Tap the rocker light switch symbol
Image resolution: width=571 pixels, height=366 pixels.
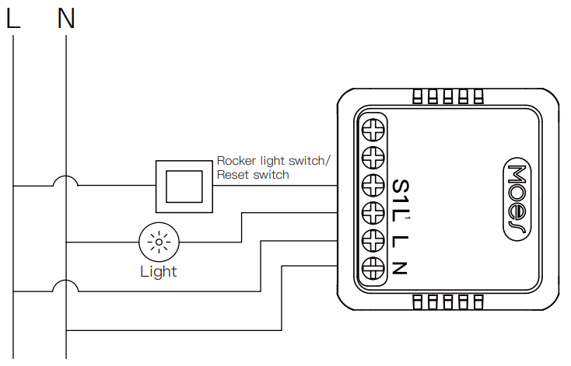[x=185, y=186]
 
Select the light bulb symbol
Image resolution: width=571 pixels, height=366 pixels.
[x=159, y=242]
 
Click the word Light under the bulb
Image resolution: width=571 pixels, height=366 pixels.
[x=159, y=271]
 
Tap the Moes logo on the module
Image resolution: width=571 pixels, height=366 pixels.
[x=518, y=199]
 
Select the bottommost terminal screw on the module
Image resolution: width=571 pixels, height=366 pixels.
[x=374, y=267]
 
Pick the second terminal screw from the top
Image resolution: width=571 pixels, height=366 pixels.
[x=374, y=156]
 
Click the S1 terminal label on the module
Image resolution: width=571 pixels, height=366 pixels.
[x=400, y=191]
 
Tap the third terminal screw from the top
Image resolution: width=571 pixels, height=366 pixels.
[x=374, y=184]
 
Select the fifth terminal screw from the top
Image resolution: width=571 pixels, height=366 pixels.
[x=374, y=239]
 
